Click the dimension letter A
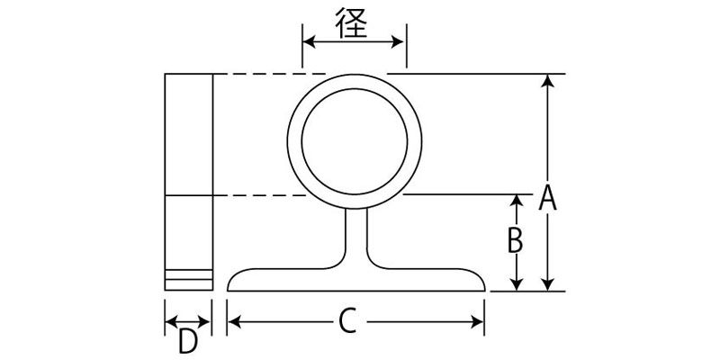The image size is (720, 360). pyautogui.click(x=547, y=197)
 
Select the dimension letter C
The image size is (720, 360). pyautogui.click(x=350, y=319)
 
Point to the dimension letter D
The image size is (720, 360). pyautogui.click(x=187, y=342)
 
